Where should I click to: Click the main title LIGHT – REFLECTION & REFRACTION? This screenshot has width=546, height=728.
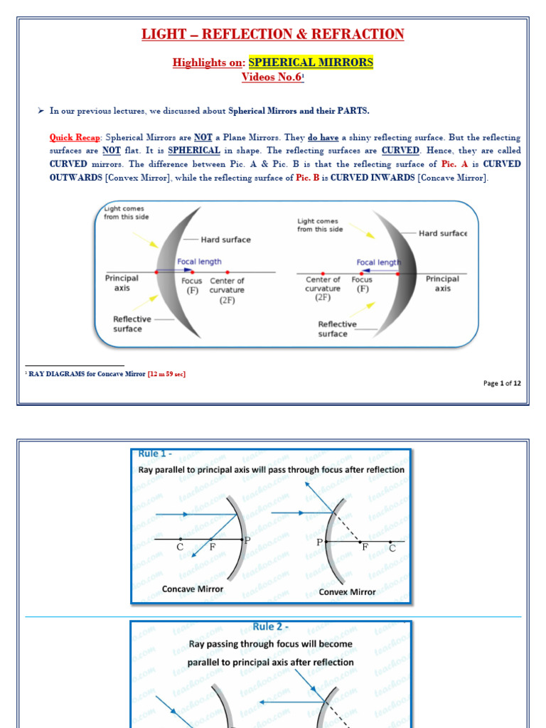click(x=273, y=34)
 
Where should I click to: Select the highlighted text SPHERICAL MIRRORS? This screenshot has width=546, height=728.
click(x=311, y=63)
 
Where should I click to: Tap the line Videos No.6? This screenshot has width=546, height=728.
click(x=272, y=77)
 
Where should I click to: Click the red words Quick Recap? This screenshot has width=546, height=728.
click(x=76, y=137)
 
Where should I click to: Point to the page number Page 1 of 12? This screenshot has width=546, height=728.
click(x=502, y=383)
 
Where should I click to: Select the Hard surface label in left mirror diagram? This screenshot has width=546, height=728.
click(x=225, y=240)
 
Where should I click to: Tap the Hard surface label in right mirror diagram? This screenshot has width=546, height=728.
click(x=443, y=233)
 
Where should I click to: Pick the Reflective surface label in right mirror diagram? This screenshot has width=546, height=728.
click(x=337, y=328)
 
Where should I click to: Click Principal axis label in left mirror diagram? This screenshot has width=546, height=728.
click(x=122, y=284)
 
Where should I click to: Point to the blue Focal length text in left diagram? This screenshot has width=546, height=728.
click(x=199, y=262)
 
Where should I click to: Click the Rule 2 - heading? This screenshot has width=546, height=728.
click(x=270, y=626)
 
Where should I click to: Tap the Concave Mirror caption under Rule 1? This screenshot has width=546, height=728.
click(x=192, y=589)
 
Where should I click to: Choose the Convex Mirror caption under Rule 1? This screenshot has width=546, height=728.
click(x=348, y=591)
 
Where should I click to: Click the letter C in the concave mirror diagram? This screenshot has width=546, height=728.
click(x=180, y=547)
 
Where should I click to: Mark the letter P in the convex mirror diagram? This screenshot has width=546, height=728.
click(x=319, y=542)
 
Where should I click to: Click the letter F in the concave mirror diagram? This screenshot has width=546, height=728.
click(x=212, y=547)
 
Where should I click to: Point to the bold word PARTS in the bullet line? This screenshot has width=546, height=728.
click(x=353, y=111)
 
